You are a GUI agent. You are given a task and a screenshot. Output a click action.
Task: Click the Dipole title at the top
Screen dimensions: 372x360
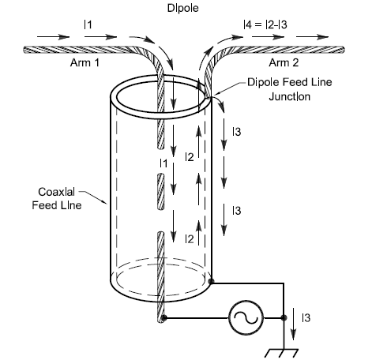(182, 8)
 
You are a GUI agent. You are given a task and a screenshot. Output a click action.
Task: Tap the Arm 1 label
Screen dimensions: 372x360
(85, 62)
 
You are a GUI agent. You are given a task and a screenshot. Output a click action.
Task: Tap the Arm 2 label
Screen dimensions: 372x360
(284, 62)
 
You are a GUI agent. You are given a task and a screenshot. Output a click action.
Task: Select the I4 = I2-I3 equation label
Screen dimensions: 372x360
(265, 24)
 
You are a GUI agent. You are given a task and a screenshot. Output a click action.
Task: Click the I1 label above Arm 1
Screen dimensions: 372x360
(88, 24)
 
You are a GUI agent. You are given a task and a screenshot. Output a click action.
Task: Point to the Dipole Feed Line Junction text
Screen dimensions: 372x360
(290, 89)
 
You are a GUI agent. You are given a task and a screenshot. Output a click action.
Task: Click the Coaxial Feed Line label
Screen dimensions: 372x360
(57, 198)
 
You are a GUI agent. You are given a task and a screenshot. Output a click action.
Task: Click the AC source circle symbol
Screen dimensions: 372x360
(246, 318)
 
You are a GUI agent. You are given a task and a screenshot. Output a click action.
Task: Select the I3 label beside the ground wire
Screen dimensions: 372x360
(306, 318)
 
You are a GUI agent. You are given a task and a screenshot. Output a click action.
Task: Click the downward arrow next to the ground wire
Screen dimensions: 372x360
(294, 324)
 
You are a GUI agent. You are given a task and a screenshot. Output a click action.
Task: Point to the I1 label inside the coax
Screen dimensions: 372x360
(163, 163)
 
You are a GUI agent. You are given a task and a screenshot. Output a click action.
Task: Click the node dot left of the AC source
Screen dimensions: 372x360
(163, 318)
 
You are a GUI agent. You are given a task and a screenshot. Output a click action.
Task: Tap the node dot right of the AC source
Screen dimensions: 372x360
(284, 318)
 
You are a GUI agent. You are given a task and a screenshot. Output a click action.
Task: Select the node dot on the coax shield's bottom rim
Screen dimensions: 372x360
(211, 282)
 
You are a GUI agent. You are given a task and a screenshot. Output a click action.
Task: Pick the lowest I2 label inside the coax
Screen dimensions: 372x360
(190, 239)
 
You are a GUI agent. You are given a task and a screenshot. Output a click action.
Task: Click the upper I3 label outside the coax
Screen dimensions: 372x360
(237, 132)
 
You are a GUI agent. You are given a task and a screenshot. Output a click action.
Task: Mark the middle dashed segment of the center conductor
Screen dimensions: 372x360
(161, 192)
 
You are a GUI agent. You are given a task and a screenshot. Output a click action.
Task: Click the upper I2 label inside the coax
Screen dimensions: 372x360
(190, 157)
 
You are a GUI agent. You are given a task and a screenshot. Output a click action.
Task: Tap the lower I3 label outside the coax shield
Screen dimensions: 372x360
(237, 211)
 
